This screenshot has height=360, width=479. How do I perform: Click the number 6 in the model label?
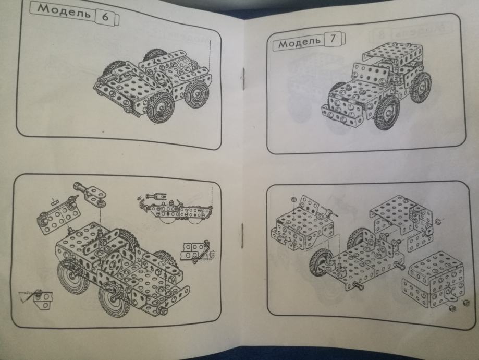[105, 17]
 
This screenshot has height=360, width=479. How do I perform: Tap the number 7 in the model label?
[333, 39]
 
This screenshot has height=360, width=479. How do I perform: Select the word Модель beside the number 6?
[64, 11]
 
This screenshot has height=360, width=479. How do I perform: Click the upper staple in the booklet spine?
[243, 78]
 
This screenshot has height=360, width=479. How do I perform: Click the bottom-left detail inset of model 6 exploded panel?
[36, 298]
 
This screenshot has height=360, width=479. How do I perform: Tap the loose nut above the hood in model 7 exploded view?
[292, 199]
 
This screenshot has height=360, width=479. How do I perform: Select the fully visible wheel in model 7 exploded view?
[320, 263]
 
